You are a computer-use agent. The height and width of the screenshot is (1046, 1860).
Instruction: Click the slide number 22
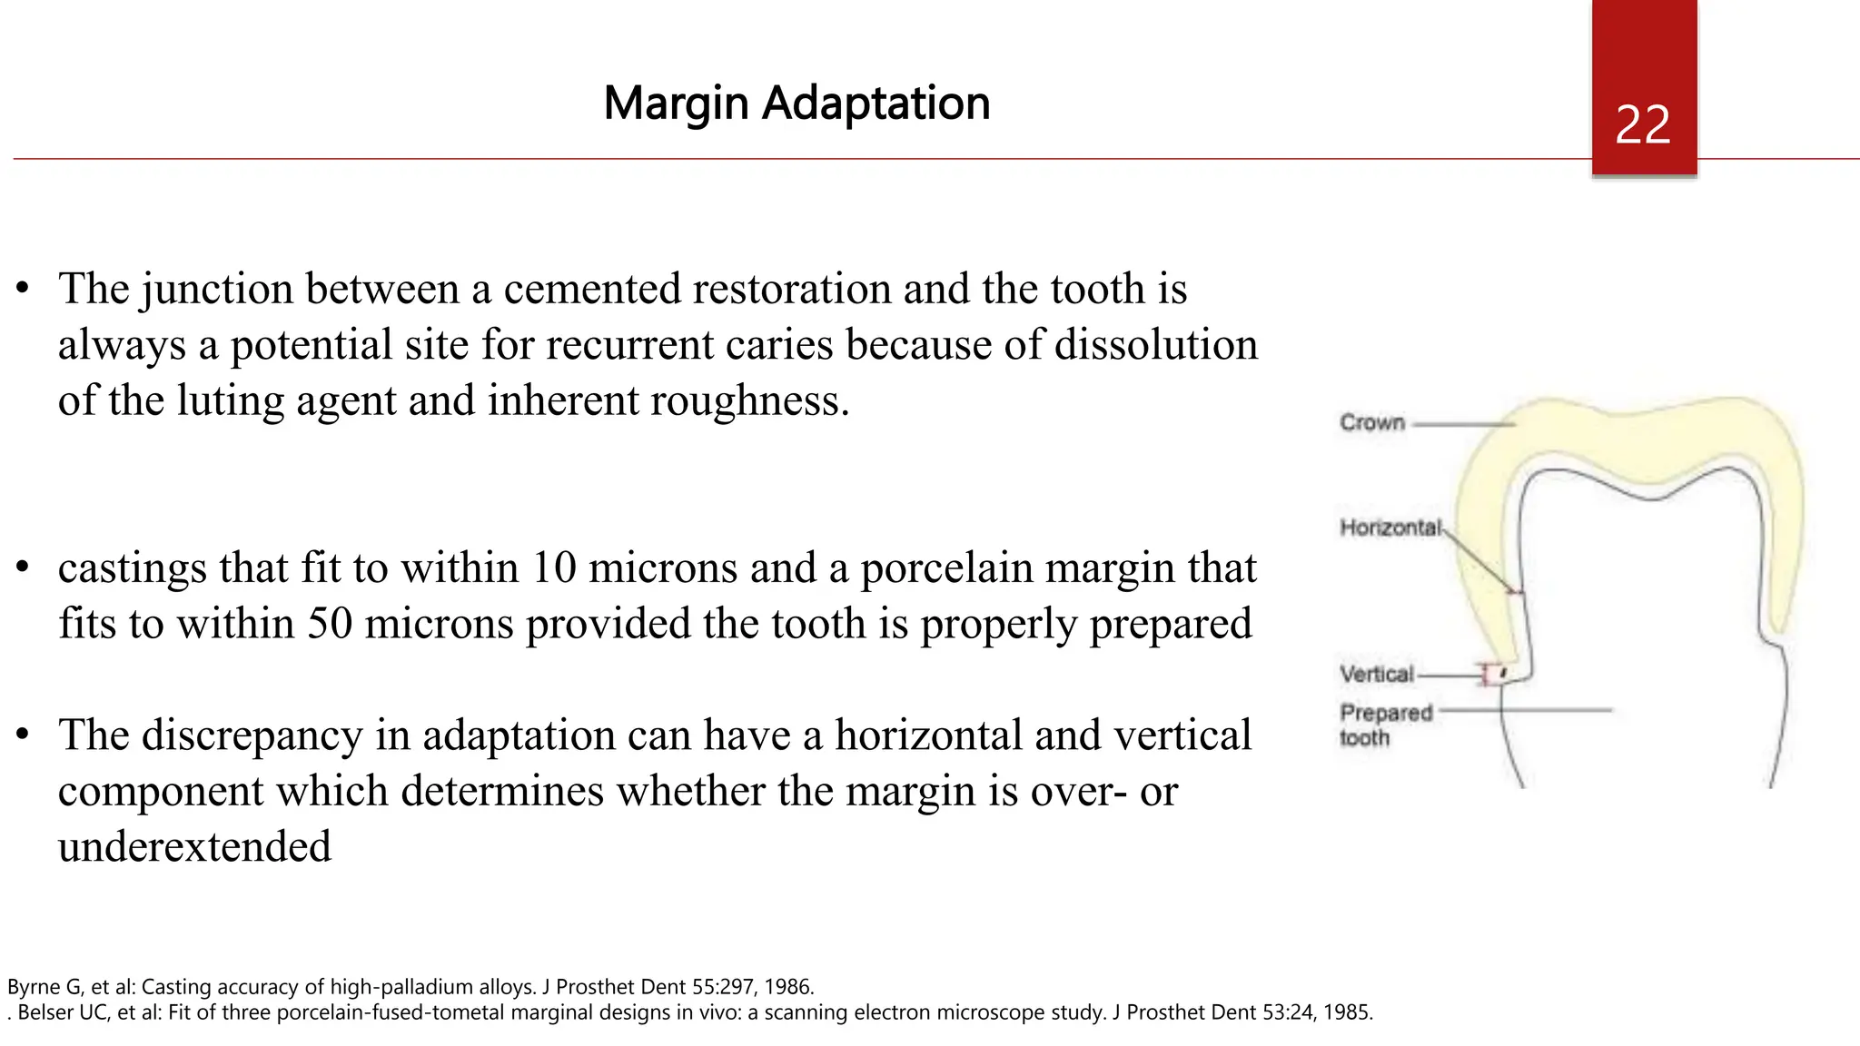(x=1643, y=125)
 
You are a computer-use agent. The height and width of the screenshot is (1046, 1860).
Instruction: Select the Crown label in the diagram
(x=1372, y=422)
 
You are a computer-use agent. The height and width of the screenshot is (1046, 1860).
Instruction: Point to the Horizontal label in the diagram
(x=1390, y=528)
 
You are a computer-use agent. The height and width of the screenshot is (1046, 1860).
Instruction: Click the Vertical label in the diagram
(x=1377, y=674)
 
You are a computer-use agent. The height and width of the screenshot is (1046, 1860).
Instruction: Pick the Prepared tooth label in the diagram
(x=1385, y=725)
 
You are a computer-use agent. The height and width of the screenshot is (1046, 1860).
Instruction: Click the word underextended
(x=194, y=847)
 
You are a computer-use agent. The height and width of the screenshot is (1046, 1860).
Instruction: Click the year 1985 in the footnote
(x=1346, y=1012)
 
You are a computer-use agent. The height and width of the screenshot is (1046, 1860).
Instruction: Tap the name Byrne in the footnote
(x=34, y=987)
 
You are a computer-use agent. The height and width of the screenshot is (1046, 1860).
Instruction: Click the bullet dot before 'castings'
(x=24, y=568)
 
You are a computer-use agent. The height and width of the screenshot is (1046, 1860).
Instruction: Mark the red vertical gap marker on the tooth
(x=1488, y=675)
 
